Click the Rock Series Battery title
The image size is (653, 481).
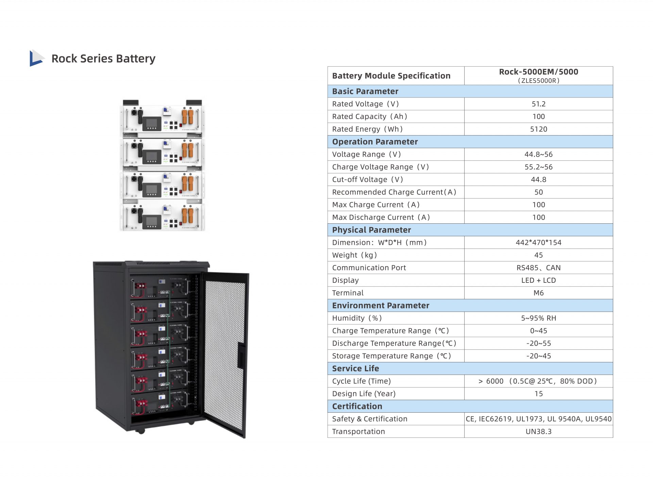pos(103,58)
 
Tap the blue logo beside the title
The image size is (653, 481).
pos(36,58)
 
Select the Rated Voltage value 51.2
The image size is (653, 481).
pos(538,104)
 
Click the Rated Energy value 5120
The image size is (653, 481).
pos(538,129)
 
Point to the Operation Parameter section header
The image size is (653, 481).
pos(375,142)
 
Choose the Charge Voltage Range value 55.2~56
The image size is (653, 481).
pos(538,167)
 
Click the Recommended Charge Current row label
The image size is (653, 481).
pos(394,192)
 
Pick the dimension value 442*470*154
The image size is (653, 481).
pos(538,242)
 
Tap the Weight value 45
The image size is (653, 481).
pos(538,255)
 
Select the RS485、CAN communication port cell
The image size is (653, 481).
pos(538,268)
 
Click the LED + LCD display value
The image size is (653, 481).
pos(538,280)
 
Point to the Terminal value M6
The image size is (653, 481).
pos(538,293)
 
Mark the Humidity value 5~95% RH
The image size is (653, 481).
pos(538,318)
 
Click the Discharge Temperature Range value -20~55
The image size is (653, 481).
pos(538,343)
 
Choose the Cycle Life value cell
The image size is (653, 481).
pos(538,381)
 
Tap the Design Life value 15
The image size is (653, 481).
pos(538,394)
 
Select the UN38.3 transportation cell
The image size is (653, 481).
pos(538,431)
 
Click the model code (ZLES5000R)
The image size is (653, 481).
pos(538,81)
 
